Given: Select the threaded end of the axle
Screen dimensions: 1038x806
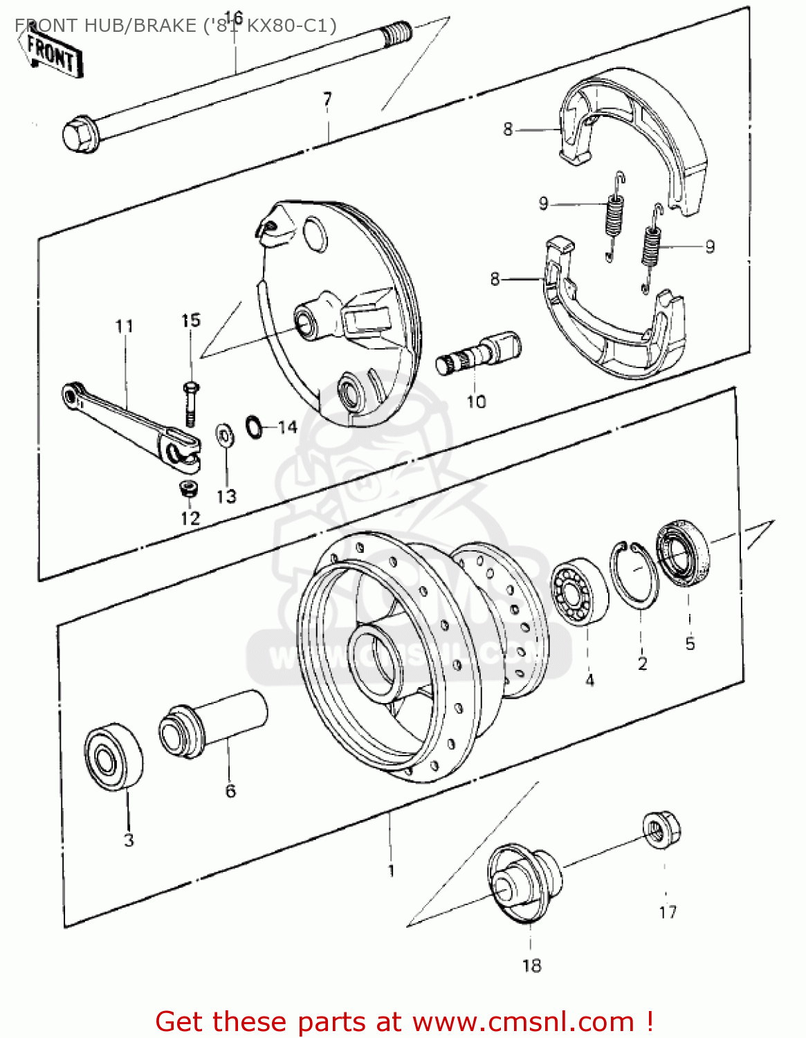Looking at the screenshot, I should [x=400, y=32].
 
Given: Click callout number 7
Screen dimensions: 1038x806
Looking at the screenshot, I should [x=327, y=99].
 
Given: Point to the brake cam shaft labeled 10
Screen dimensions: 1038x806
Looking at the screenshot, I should [x=478, y=353].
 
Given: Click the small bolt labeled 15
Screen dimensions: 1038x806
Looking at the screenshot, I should [x=190, y=403].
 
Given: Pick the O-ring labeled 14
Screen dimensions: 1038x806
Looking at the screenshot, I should [x=254, y=426].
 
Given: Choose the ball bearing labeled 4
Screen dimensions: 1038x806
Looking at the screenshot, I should [x=579, y=591].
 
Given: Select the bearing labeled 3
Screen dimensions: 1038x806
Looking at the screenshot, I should [x=113, y=757].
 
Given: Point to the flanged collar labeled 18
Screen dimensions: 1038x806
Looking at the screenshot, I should [x=524, y=882].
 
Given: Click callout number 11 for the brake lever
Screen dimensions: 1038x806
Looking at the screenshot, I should [x=124, y=326].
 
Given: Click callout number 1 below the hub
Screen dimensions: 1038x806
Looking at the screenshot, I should [x=391, y=870].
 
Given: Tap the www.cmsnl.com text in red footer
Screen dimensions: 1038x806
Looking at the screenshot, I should [x=523, y=1021].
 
